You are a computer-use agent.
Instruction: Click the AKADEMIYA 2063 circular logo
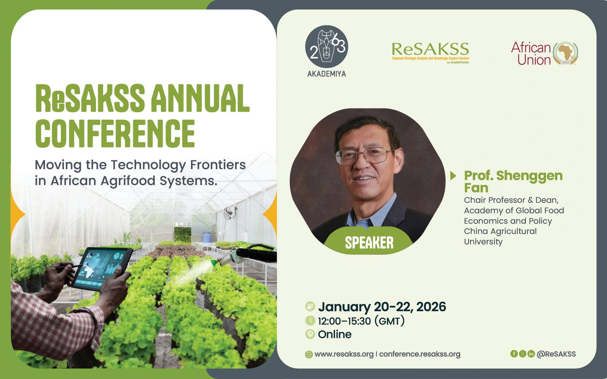pyautogui.click(x=326, y=47)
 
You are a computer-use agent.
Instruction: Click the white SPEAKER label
pyautogui.click(x=369, y=243)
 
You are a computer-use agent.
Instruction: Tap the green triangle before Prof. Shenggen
pyautogui.click(x=453, y=176)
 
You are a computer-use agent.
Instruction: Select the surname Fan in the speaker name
pyautogui.click(x=476, y=188)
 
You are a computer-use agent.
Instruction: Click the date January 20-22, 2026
pyautogui.click(x=382, y=307)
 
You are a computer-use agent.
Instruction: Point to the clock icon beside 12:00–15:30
pyautogui.click(x=310, y=320)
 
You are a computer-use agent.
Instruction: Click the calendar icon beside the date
pyautogui.click(x=310, y=307)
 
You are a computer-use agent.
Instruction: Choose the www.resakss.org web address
pyautogui.click(x=344, y=354)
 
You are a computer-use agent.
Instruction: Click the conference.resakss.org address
pyautogui.click(x=420, y=354)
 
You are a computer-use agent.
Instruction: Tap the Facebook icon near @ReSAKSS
pyautogui.click(x=514, y=354)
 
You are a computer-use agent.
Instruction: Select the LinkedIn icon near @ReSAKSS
pyautogui.click(x=531, y=354)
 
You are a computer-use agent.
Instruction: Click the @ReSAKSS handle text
pyautogui.click(x=556, y=354)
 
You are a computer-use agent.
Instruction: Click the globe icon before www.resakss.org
pyautogui.click(x=309, y=354)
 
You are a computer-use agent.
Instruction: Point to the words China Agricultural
pyautogui.click(x=500, y=231)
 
